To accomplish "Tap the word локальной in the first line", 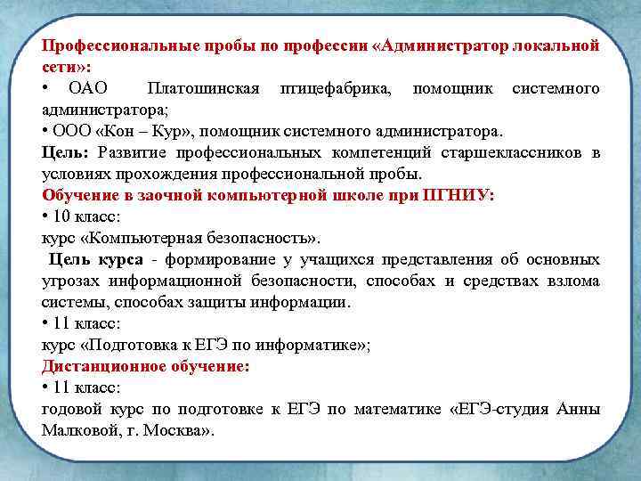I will click(x=557, y=45).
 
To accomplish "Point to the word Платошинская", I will click(x=204, y=88).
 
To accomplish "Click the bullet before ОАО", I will click(x=45, y=88).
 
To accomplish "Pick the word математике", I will click(x=395, y=409).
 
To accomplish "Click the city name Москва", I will click(x=178, y=430).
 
